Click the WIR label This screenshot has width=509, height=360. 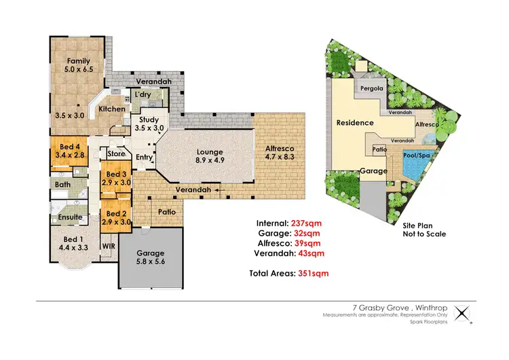[x=107, y=246]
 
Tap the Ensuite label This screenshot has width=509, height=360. [x=70, y=217]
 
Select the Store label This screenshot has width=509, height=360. [x=116, y=154]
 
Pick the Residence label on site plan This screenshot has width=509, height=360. [x=355, y=123]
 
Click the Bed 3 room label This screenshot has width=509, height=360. [x=117, y=179]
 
